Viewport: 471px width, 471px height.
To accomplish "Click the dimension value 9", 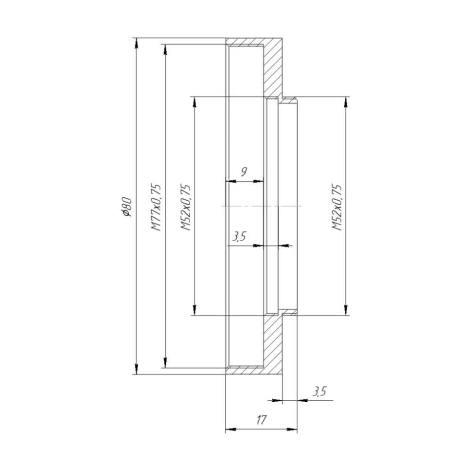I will [x=244, y=171].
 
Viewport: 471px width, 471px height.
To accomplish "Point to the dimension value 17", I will [x=262, y=420].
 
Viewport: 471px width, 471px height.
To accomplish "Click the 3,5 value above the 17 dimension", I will [x=319, y=391].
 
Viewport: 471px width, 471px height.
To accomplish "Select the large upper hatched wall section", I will [x=272, y=68].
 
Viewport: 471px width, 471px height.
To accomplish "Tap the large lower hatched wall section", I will [x=272, y=344].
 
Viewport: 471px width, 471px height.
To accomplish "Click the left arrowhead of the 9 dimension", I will [x=230, y=181].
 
